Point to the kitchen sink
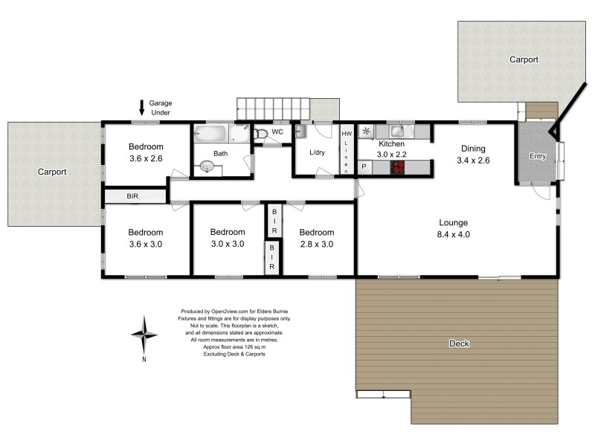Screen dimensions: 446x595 click(396, 132)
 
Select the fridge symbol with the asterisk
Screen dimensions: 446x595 click(366, 132)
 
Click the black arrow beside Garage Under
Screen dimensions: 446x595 click(142, 108)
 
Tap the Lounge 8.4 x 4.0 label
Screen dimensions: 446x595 click(452, 228)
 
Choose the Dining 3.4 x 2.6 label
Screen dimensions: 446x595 click(473, 154)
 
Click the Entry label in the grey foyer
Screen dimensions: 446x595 click(537, 156)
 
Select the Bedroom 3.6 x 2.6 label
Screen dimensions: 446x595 click(146, 152)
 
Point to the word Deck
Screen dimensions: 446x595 click(459, 343)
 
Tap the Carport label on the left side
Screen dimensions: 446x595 click(52, 172)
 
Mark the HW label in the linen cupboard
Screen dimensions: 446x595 click(346, 135)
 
